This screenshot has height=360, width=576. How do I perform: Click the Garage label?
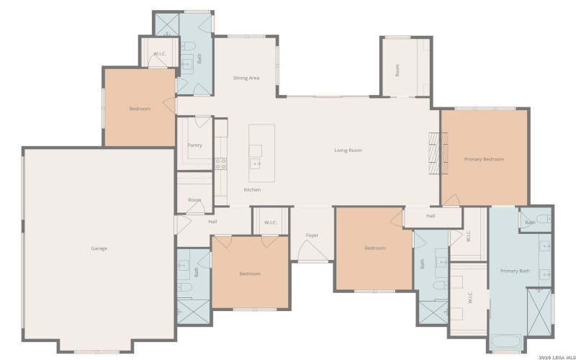[99, 248]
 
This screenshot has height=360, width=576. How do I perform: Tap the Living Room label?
[348, 150]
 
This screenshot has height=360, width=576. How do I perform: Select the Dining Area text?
[246, 78]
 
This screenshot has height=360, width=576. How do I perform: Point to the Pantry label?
[194, 145]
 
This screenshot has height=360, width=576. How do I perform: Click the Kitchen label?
[252, 189]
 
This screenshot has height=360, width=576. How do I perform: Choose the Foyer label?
[312, 235]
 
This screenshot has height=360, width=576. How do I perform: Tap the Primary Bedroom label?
[484, 159]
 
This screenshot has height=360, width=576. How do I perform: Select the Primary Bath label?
[515, 271]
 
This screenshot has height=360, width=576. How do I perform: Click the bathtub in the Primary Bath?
[507, 343]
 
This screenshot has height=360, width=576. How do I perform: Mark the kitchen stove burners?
[220, 163]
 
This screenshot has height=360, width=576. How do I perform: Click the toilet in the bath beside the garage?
[185, 288]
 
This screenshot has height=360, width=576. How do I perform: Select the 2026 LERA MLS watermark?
[550, 354]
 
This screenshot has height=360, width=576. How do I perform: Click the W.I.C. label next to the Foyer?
[271, 222]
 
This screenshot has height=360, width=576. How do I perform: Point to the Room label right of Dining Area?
[397, 71]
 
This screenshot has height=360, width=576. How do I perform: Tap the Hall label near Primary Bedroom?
[431, 216]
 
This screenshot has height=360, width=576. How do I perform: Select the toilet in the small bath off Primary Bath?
[544, 217]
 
